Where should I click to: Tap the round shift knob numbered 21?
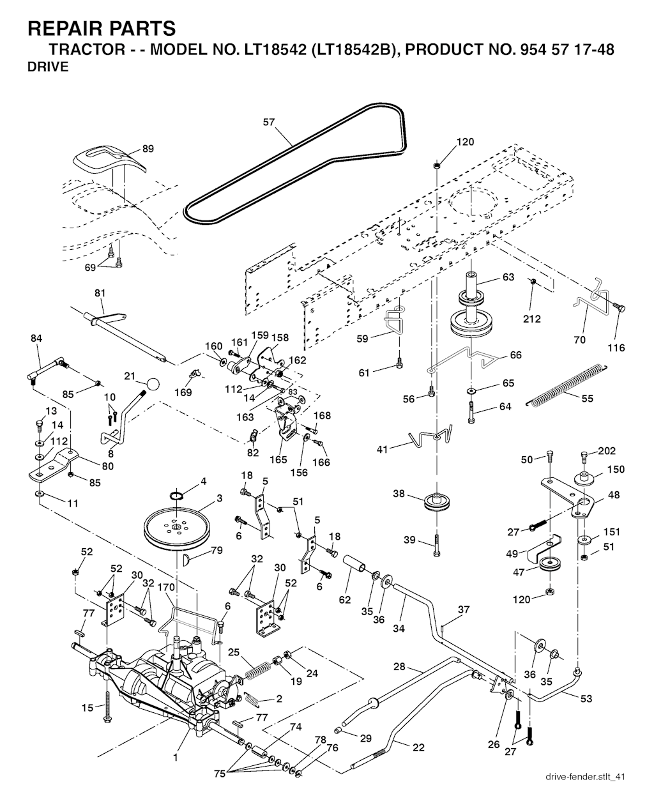coord(152,383)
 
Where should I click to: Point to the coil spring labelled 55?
coord(565,385)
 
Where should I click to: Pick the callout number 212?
coord(531,319)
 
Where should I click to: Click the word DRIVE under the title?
coord(48,67)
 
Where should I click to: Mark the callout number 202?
coord(607,452)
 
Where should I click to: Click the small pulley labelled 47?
coord(548,566)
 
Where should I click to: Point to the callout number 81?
coord(100,293)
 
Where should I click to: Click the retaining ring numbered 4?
coord(177,496)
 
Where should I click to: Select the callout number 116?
coord(616,348)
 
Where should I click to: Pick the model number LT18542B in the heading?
coord(352,50)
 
